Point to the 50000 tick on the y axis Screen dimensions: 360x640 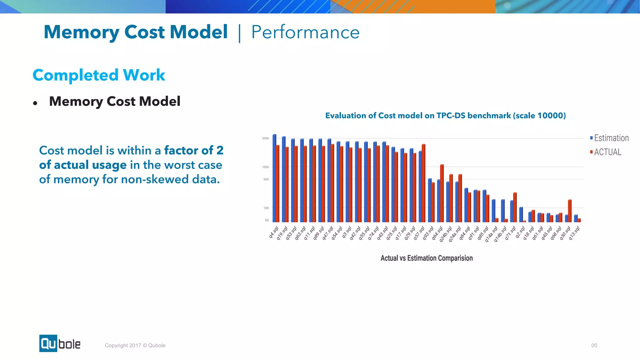[265, 138]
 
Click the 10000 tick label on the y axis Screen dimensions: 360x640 [265, 167]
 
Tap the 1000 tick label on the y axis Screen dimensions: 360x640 [266, 208]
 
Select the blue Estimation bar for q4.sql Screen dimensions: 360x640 [274, 178]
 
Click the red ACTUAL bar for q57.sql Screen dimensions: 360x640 [423, 183]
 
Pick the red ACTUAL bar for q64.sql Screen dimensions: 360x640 [442, 193]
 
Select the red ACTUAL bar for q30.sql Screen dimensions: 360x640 [570, 211]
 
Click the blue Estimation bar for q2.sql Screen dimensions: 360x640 [521, 214]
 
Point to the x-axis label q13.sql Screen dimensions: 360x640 [574, 233]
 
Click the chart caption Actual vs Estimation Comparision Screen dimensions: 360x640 [427, 258]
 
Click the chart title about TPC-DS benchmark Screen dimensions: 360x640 [445, 116]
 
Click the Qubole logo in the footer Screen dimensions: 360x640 [60, 343]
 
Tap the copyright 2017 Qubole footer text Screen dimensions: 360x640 [135, 345]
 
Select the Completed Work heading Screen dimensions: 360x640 [99, 75]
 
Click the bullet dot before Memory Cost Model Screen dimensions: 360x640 [35, 103]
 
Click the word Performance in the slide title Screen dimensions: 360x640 [305, 32]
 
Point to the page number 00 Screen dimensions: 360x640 [594, 345]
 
